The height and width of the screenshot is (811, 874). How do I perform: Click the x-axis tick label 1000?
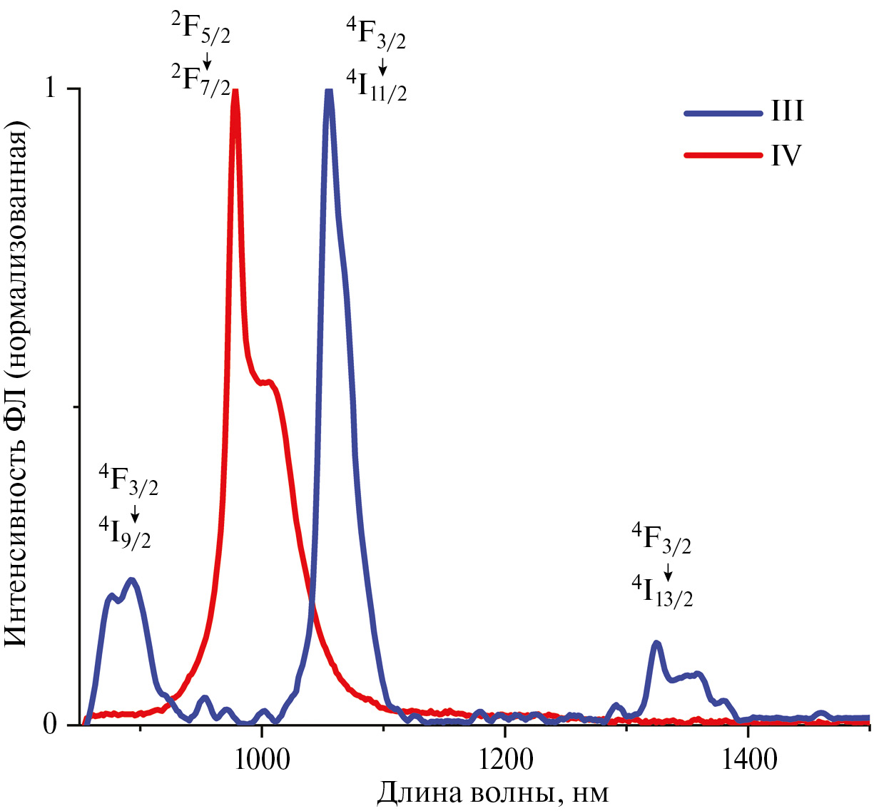263,759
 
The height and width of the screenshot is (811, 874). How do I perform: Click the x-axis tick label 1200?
504,759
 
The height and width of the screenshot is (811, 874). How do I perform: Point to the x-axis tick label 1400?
747,759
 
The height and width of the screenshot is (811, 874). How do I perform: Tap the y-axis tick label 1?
50,88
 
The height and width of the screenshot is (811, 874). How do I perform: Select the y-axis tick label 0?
50,725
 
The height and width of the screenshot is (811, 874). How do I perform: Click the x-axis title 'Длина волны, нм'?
492,792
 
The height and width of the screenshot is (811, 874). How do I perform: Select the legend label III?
787,111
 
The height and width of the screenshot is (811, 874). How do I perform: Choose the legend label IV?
786,155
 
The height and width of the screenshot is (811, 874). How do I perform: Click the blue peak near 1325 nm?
656,643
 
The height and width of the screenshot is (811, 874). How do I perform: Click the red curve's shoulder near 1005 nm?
268,382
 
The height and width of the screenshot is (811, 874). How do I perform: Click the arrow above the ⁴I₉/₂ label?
135,514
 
